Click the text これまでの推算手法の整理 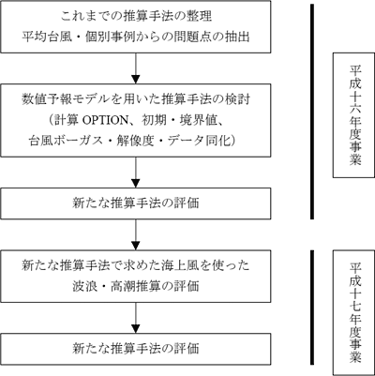click(x=136, y=16)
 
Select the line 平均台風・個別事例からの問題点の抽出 click(x=136, y=38)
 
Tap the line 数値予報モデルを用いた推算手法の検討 click(x=136, y=99)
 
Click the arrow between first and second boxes click(x=136, y=68)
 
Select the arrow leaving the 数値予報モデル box click(x=136, y=173)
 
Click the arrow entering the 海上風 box click(x=136, y=234)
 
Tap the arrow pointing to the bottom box click(x=136, y=318)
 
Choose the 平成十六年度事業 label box click(x=353, y=115)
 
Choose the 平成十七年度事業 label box click(x=353, y=312)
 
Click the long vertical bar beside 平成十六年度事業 click(x=312, y=112)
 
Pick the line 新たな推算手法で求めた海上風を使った click(x=136, y=266)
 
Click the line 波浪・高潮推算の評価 click(x=135, y=286)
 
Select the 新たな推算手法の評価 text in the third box click(x=135, y=203)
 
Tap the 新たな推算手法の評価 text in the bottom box click(x=135, y=349)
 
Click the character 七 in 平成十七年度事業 click(x=355, y=305)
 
